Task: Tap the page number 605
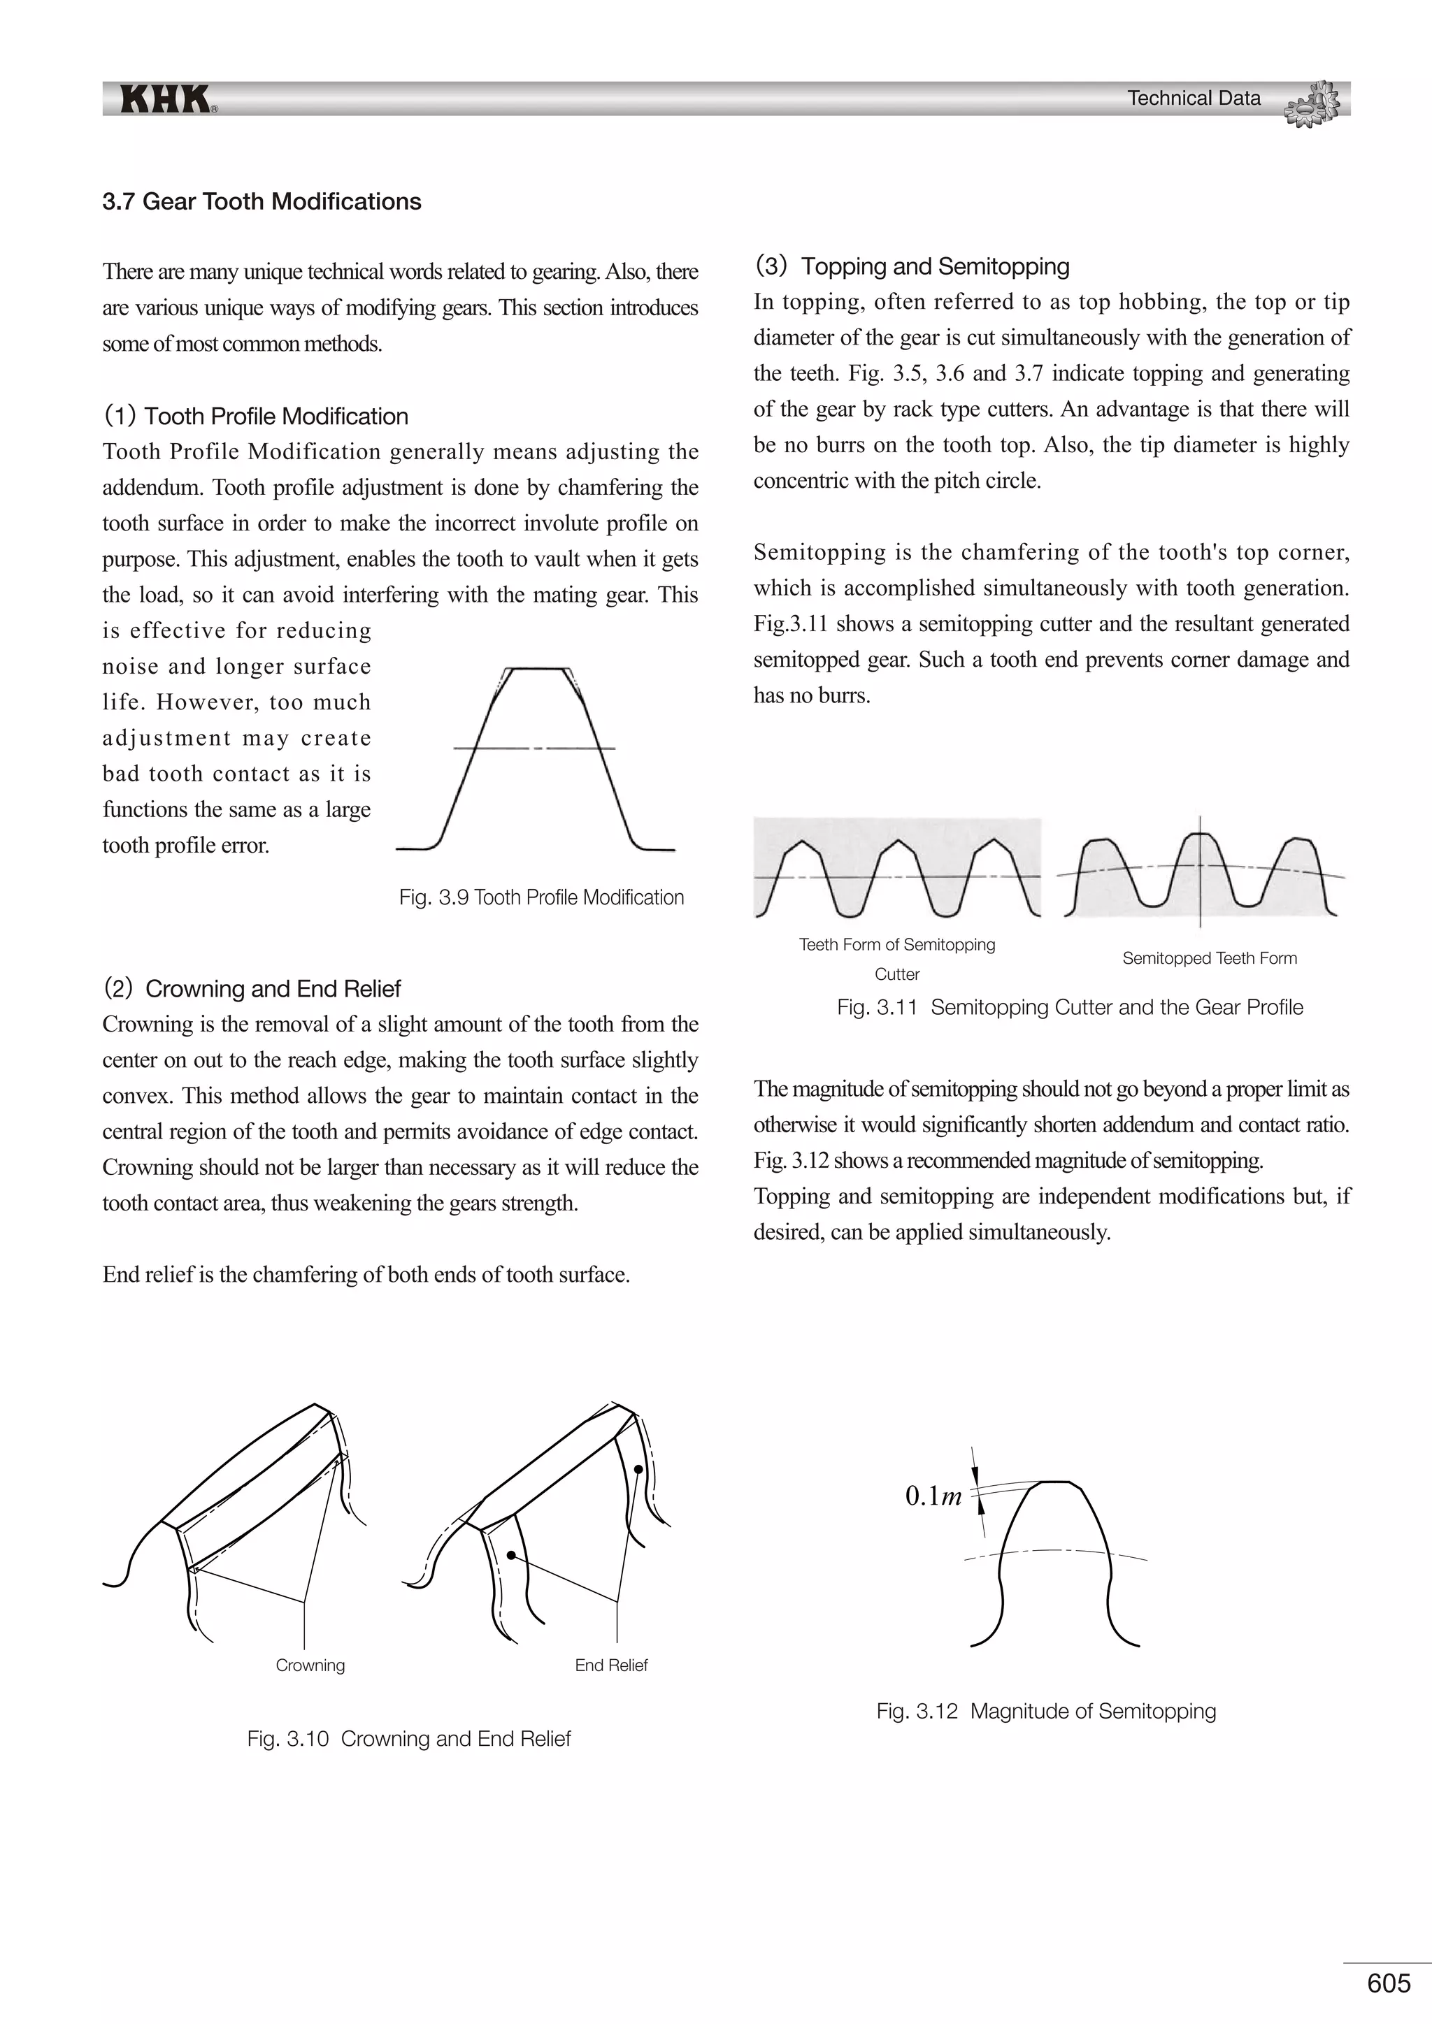click(1389, 1983)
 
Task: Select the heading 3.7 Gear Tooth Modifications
click(262, 201)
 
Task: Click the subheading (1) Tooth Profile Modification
click(256, 416)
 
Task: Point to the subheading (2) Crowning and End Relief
click(252, 988)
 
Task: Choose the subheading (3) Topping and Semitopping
click(912, 266)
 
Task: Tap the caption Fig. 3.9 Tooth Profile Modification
click(541, 897)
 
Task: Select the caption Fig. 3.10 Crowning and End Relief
click(409, 1738)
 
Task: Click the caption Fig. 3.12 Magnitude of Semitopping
click(1046, 1711)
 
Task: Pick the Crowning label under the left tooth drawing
click(310, 1665)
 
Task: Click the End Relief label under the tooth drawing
click(611, 1665)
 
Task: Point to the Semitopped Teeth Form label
click(1209, 958)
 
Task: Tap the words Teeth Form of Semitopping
click(897, 945)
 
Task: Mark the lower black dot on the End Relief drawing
click(511, 1556)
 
